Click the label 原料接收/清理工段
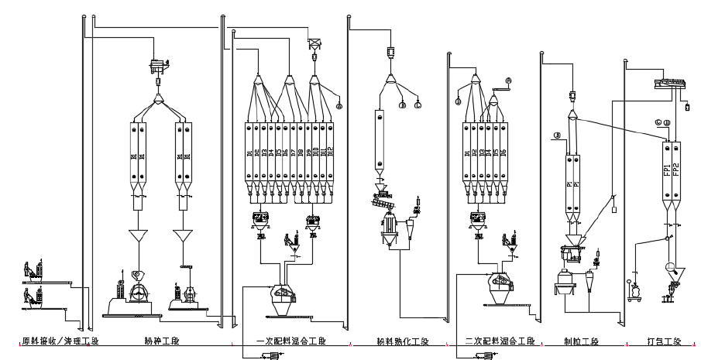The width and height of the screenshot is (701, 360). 52,341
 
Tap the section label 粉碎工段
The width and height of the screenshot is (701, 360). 160,341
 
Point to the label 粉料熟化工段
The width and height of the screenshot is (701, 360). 401,341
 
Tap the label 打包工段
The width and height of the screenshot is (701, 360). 663,341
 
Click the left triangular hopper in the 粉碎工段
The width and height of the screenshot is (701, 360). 139,235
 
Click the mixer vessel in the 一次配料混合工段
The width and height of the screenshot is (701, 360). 283,299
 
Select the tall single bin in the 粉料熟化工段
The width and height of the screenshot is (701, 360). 379,139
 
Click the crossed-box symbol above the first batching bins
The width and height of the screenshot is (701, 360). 314,44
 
